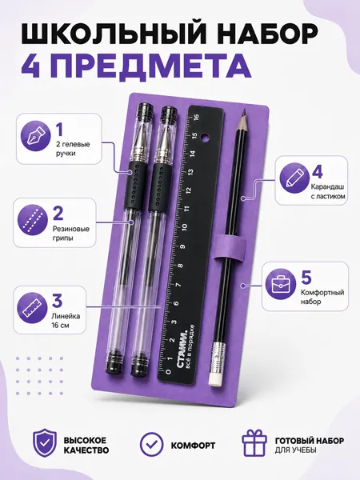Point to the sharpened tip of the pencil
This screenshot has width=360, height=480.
coord(243,112)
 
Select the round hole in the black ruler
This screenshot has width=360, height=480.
coord(205,138)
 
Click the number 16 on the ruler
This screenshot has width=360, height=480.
coord(196,117)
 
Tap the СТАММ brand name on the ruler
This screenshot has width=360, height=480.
coord(182,350)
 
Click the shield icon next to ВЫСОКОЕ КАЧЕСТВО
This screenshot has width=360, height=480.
coord(45,443)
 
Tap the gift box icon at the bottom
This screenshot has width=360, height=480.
coord(254,443)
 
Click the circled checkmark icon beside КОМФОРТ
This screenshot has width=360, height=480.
coord(151,445)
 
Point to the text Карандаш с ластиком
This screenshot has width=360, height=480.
coord(328,191)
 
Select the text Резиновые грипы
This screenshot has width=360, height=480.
coord(71,234)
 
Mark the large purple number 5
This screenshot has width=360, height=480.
coord(306,278)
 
